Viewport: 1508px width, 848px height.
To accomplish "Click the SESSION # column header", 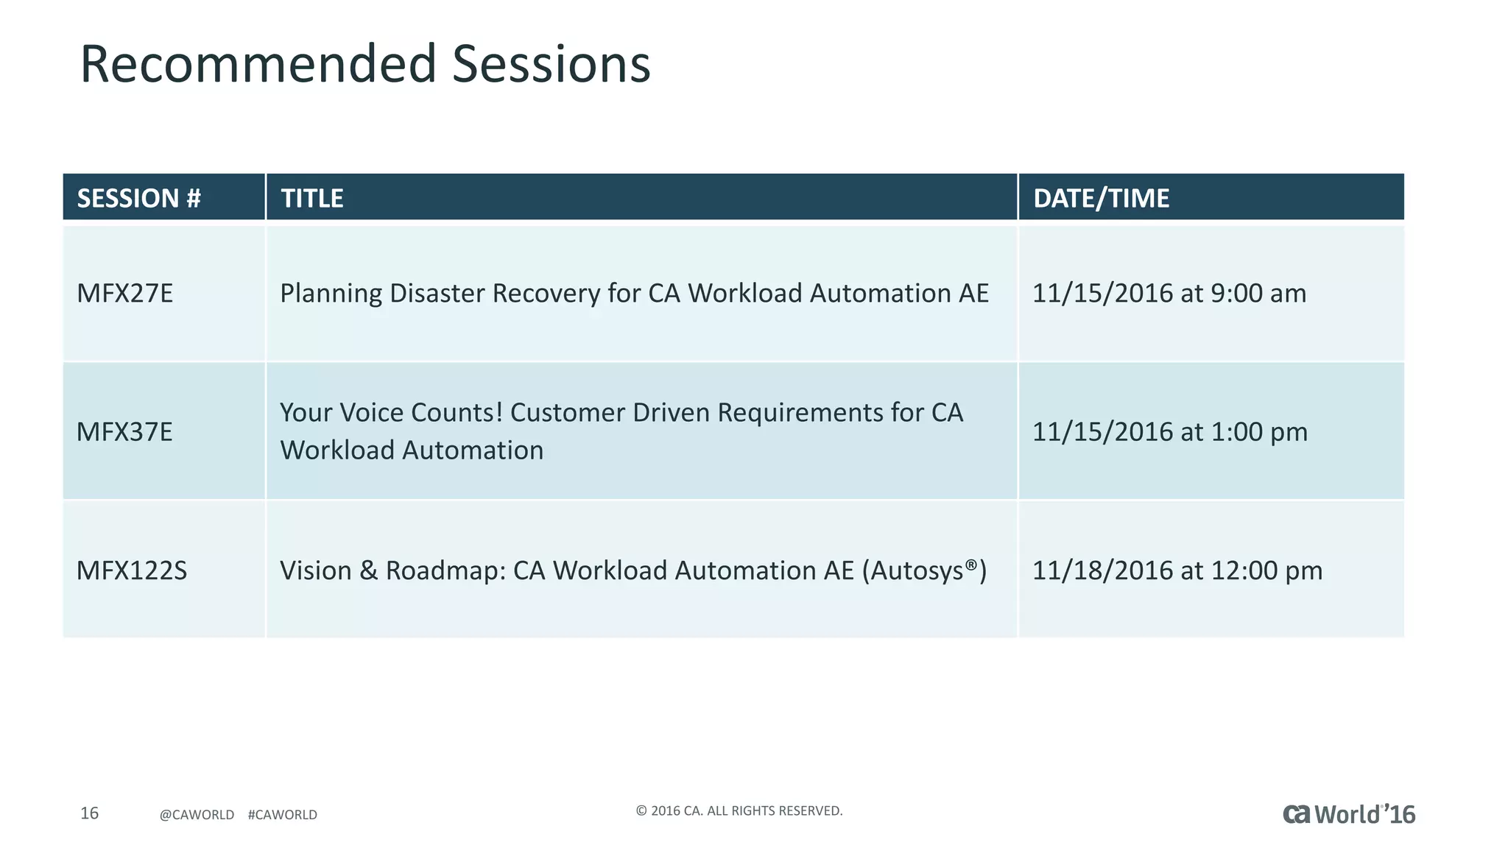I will click(138, 198).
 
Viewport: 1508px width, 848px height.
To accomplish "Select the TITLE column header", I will click(312, 198).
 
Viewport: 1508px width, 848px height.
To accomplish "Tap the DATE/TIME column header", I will click(1101, 198).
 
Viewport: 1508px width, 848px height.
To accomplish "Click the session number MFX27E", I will click(125, 293).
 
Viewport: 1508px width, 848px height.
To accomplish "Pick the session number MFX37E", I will click(125, 431).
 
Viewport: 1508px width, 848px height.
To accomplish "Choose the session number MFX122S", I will click(133, 570).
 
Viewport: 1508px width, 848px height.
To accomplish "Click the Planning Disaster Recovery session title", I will click(634, 293).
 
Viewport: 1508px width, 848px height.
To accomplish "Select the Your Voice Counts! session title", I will click(621, 431).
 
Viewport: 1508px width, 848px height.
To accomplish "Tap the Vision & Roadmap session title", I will click(633, 570).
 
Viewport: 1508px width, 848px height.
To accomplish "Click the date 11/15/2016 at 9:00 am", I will click(1169, 293).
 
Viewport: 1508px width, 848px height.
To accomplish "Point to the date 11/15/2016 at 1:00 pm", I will click(1170, 431).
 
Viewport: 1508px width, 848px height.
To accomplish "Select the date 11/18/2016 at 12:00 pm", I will click(1177, 570).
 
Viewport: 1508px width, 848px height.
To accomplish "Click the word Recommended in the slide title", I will click(258, 64).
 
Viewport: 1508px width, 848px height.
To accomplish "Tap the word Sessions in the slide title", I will click(551, 64).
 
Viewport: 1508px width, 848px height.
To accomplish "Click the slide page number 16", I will click(89, 813).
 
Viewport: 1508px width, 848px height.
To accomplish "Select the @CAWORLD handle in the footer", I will click(197, 815).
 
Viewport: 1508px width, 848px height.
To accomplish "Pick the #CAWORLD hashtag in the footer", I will click(283, 815).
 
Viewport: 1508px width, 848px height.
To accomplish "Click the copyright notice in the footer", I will click(739, 810).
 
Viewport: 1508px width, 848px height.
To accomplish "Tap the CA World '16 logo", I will click(1349, 814).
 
